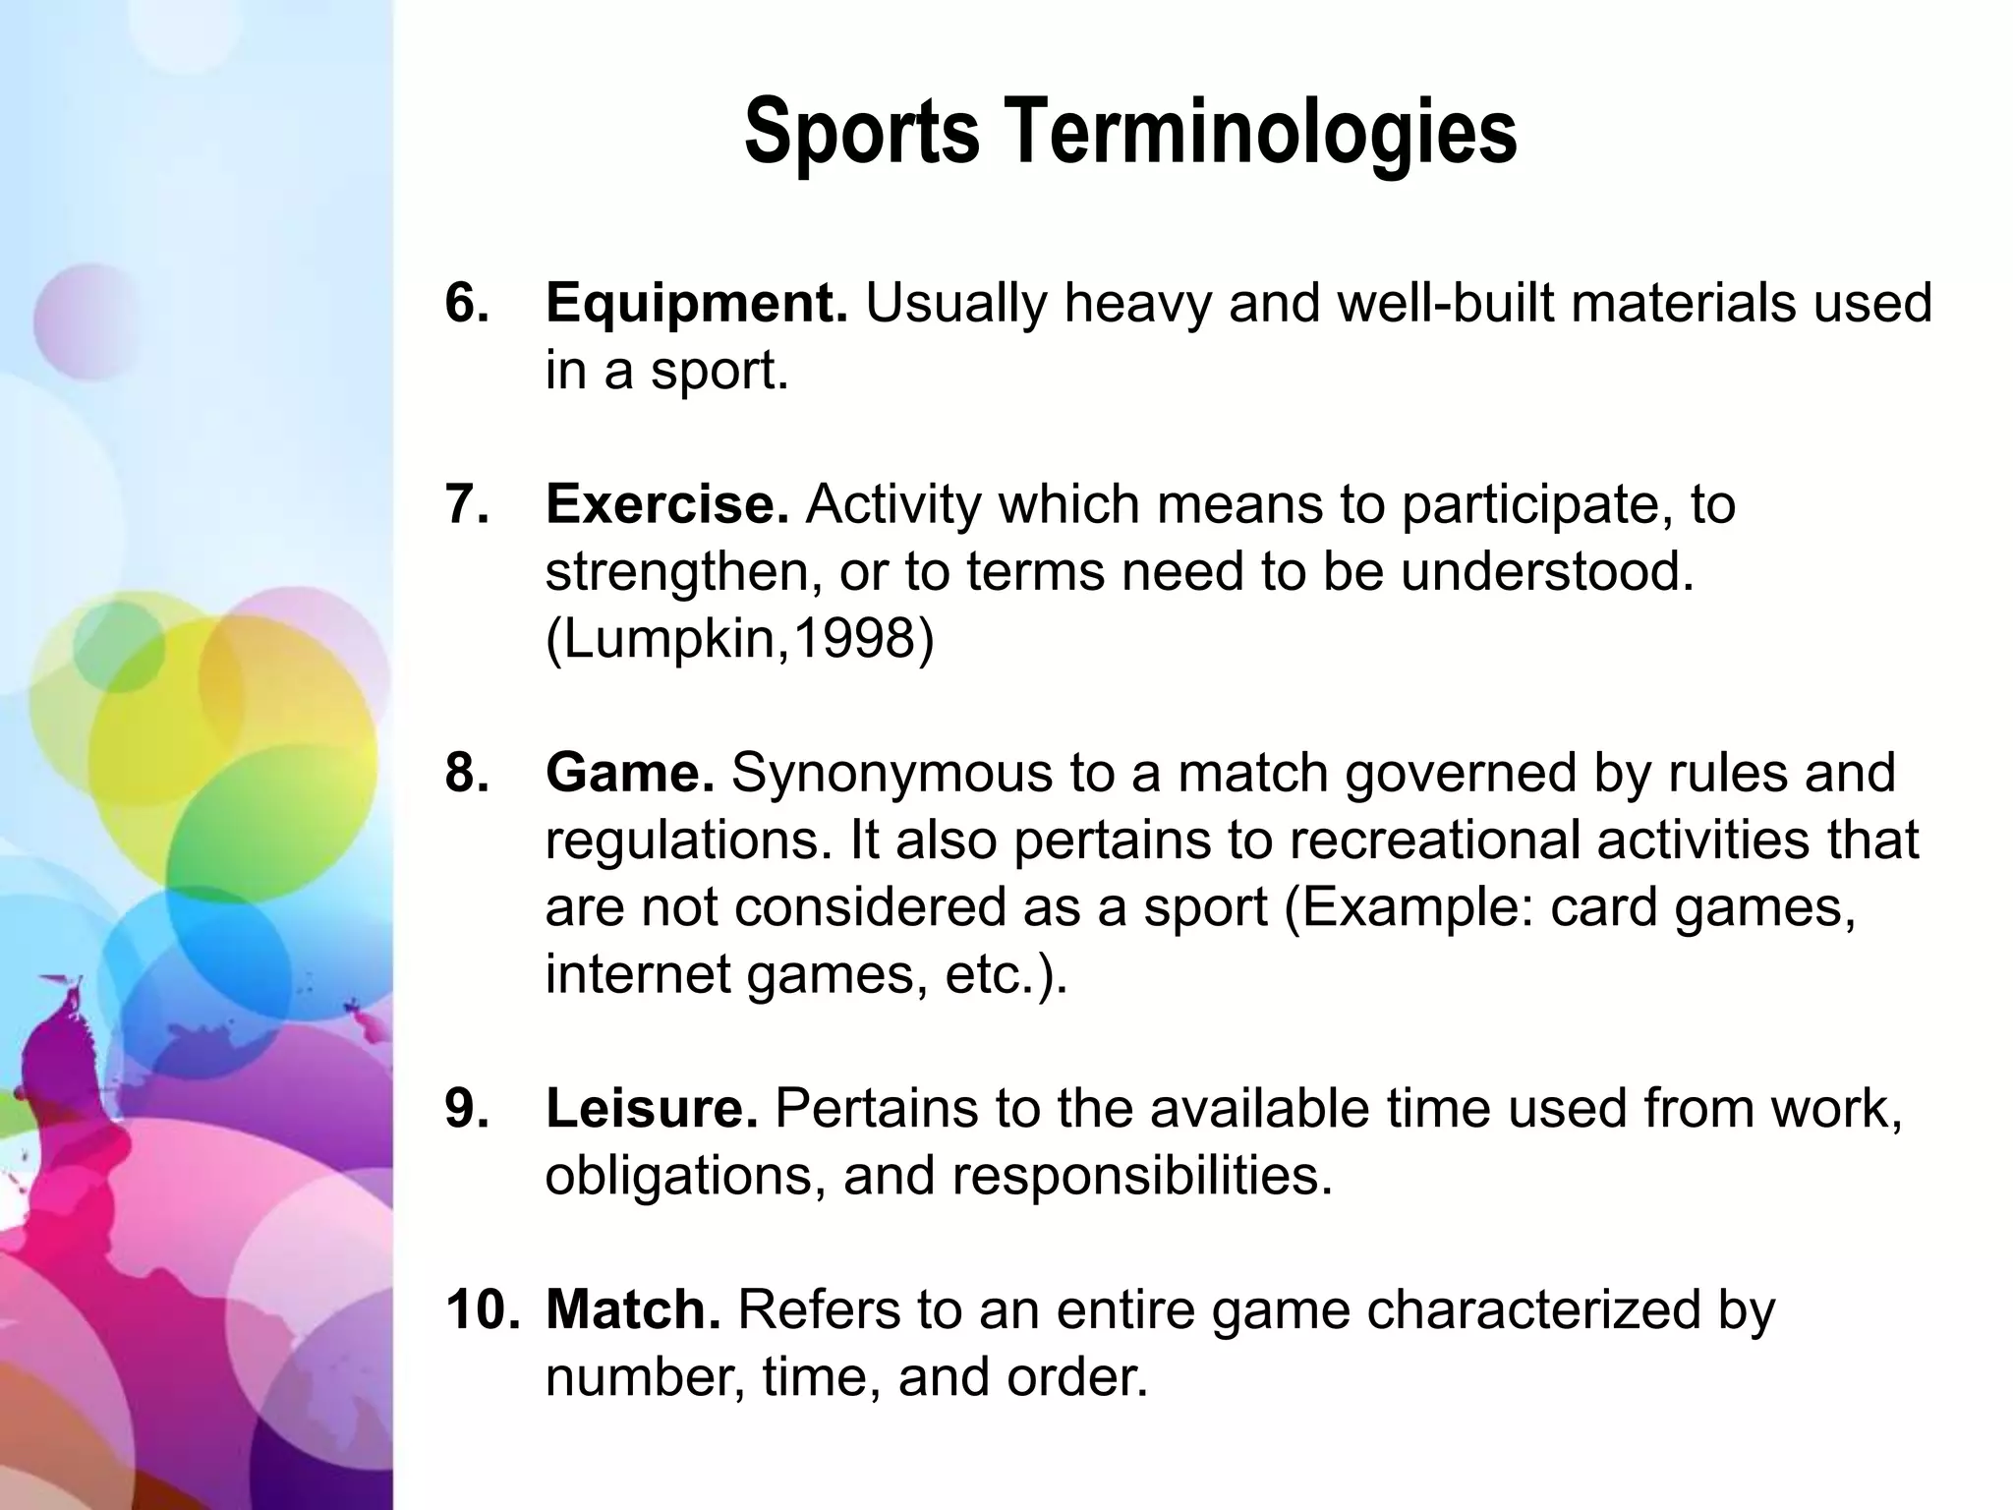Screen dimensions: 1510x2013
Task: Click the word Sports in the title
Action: pyautogui.click(x=862, y=133)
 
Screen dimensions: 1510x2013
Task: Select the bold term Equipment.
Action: pyautogui.click(x=696, y=303)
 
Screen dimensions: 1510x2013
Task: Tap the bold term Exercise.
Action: pyautogui.click(x=666, y=504)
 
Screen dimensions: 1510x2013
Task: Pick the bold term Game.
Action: pyautogui.click(x=629, y=773)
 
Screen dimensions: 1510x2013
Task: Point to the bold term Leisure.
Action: pyautogui.click(x=651, y=1108)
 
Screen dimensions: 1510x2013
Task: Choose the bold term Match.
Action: pyautogui.click(x=633, y=1309)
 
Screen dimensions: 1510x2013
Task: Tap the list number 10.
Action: pyautogui.click(x=482, y=1309)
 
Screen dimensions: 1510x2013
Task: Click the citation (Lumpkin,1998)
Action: pyautogui.click(x=739, y=639)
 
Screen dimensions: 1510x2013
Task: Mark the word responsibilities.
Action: pyautogui.click(x=1141, y=1175)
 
